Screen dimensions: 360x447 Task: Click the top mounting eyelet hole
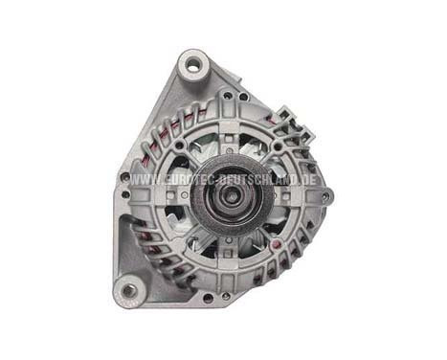coord(194,66)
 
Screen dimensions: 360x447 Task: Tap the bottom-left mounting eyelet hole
coord(127,288)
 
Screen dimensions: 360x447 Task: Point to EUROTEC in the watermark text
coord(182,180)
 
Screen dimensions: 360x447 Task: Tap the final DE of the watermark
coord(310,180)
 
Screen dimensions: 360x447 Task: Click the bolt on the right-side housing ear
coord(325,196)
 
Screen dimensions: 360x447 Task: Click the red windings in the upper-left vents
coord(153,144)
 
